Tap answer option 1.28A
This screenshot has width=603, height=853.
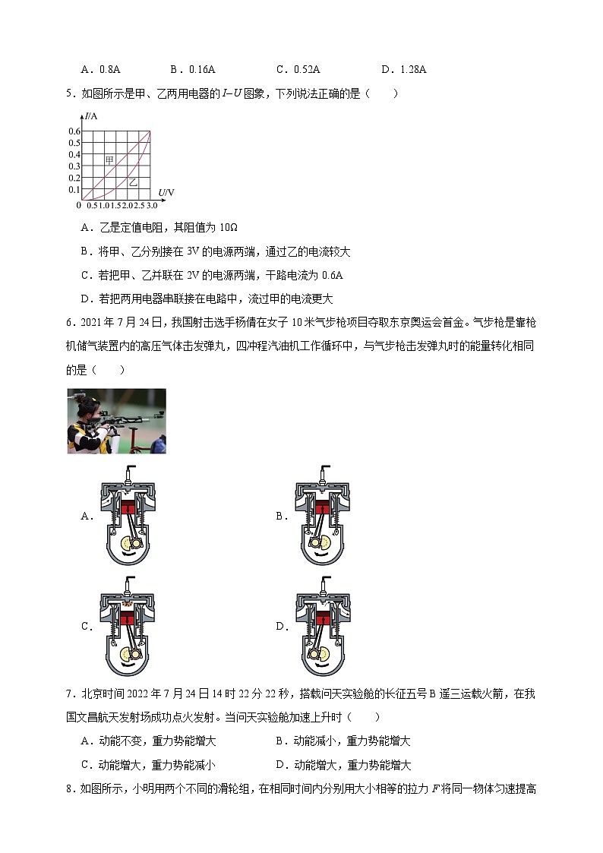click(x=409, y=69)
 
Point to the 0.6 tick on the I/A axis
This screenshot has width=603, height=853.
click(x=74, y=131)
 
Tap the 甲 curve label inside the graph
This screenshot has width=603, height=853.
click(x=109, y=160)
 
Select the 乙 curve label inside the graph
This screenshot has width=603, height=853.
click(x=133, y=182)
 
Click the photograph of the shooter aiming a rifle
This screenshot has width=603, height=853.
click(x=116, y=421)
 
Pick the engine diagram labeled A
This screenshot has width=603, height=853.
click(x=126, y=516)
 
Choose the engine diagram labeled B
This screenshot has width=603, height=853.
click(x=320, y=516)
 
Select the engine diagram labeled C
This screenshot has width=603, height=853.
click(x=126, y=627)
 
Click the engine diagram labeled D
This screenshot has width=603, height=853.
click(x=320, y=627)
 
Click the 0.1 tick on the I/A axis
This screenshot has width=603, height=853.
click(x=74, y=189)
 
